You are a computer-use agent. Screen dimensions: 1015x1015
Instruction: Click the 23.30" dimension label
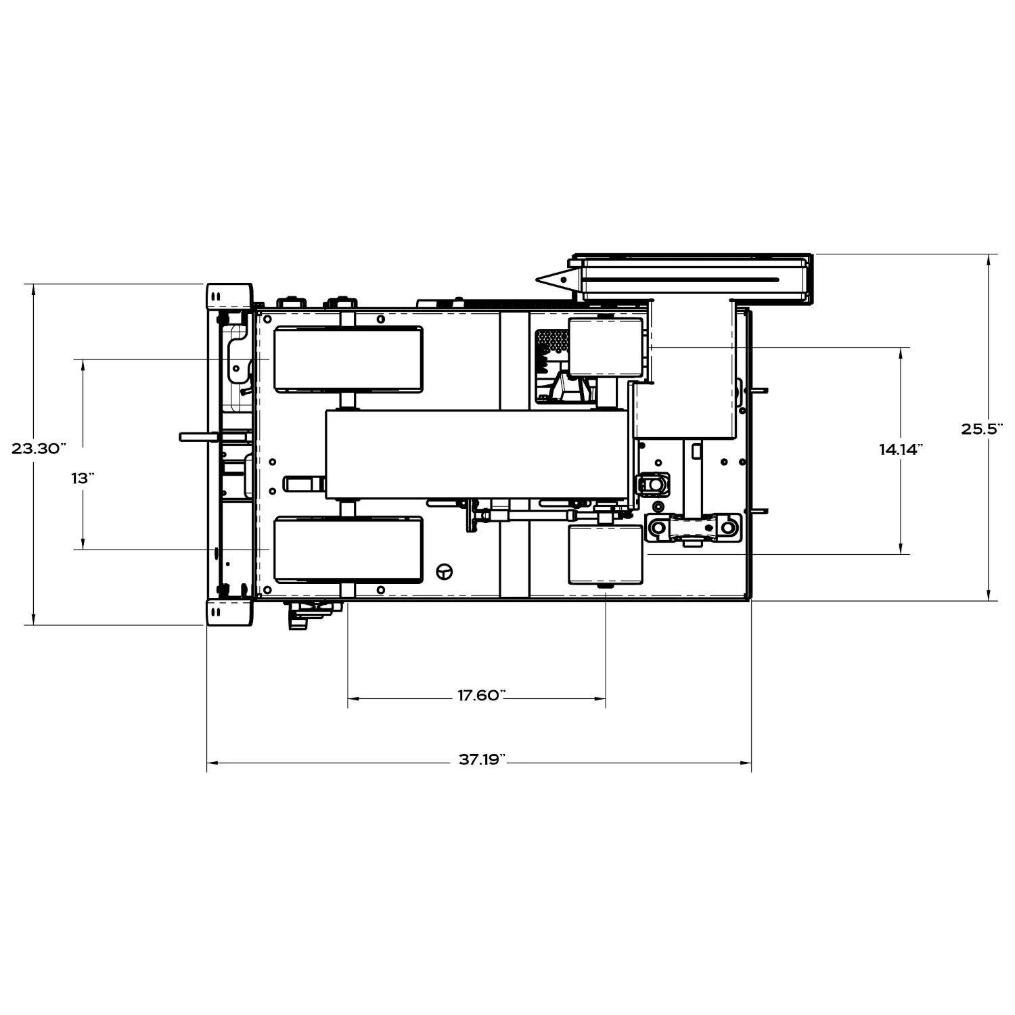tap(39, 449)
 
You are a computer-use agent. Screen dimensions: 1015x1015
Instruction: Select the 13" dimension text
tap(83, 478)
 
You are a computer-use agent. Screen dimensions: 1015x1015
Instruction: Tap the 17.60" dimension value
tap(481, 696)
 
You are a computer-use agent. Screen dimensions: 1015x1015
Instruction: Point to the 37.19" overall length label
tap(482, 759)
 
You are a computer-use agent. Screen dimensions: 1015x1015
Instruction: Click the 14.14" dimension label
tap(901, 449)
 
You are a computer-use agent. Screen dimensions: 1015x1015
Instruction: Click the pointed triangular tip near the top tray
tap(537, 279)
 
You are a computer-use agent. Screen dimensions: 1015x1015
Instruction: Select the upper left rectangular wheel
tap(348, 359)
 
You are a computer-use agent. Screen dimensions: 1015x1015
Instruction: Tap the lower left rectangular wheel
tap(348, 550)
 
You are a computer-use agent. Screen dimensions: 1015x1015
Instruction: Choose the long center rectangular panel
tap(476, 455)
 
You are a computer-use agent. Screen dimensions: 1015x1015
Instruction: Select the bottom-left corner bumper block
tap(229, 612)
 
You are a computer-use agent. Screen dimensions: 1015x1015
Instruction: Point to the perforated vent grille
tap(552, 340)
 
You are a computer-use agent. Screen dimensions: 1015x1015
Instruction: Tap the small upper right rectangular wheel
tap(606, 347)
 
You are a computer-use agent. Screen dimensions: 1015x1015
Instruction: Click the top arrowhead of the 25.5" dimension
tap(989, 258)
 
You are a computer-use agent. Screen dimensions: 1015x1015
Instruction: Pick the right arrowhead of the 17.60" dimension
tap(601, 698)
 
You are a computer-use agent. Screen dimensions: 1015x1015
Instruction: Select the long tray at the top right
tap(694, 279)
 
